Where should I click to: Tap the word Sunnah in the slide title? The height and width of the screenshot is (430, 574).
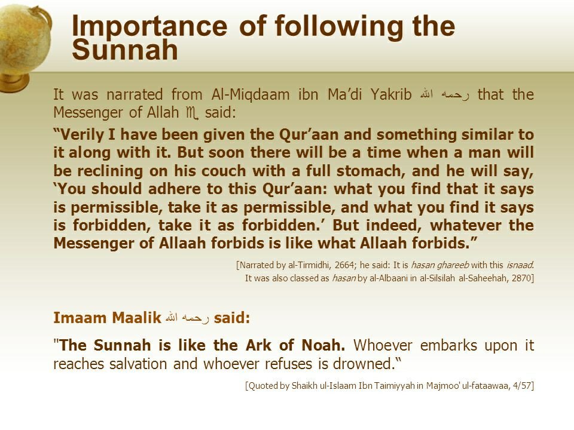point(125,50)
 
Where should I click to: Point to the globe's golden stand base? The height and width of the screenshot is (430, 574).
point(14,82)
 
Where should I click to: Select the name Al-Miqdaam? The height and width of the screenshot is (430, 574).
point(251,95)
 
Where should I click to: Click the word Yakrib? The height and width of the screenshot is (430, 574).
point(391,95)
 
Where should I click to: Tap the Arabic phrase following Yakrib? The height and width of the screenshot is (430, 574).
point(444,95)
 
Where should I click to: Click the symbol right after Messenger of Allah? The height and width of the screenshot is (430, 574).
point(192,113)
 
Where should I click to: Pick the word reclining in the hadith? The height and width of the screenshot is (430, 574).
point(109,171)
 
